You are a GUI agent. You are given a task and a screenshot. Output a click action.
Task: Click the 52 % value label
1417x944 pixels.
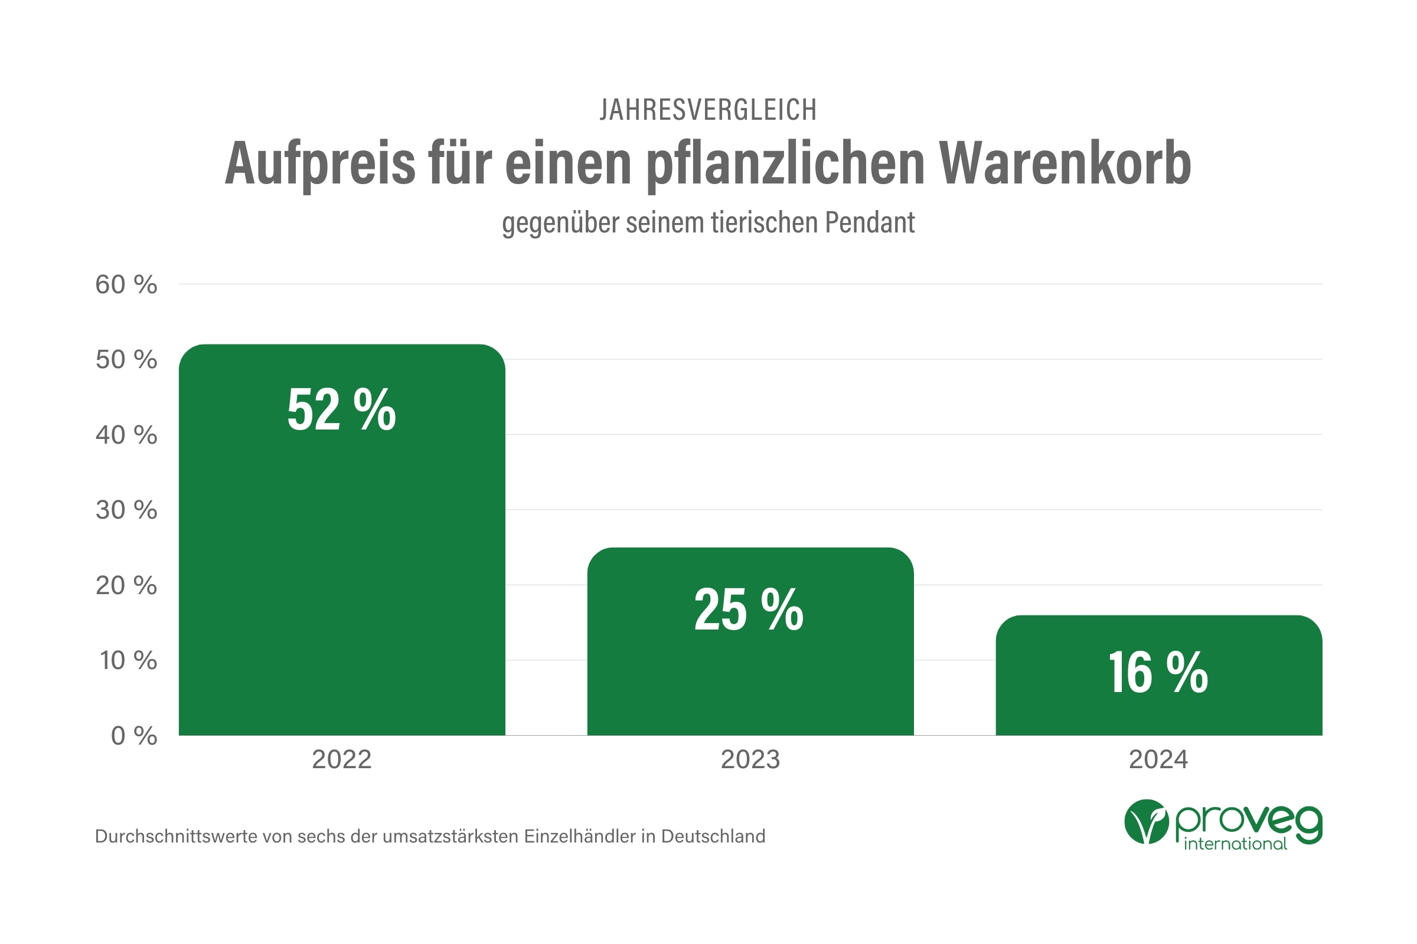pos(342,410)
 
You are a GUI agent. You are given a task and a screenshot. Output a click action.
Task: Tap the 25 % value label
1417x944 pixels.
pos(749,610)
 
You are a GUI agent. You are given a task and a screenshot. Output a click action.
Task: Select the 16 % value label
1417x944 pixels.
pos(1158,673)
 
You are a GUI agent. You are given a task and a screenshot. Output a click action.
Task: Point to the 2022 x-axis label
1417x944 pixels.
pos(342,760)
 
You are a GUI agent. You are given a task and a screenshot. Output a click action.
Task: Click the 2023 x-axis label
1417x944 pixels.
pos(750,760)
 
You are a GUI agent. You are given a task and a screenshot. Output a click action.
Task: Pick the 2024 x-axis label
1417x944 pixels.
pos(1158,760)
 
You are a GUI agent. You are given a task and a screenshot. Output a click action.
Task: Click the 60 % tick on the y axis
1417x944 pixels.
pos(126,285)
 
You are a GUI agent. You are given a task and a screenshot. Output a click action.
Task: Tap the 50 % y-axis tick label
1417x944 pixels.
pos(126,360)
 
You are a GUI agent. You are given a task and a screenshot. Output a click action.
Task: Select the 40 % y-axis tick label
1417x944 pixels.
pos(126,435)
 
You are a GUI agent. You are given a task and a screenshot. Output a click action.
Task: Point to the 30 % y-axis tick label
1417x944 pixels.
pos(126,510)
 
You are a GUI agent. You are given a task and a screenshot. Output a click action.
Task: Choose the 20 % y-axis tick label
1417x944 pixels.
pos(126,586)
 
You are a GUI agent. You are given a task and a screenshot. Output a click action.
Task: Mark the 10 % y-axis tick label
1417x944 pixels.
pos(128,661)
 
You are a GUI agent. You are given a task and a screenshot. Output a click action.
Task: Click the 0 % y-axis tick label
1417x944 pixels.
pos(134,736)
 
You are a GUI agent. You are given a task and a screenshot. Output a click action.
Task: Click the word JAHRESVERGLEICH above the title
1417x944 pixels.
pos(708,110)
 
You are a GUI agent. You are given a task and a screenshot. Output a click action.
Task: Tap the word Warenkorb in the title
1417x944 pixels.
pos(1065,164)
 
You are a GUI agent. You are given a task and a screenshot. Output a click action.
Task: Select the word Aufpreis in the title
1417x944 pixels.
pos(320,164)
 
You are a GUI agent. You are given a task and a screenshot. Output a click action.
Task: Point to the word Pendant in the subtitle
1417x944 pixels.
pos(869,223)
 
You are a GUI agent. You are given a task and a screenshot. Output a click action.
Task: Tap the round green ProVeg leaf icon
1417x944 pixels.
pos(1146,822)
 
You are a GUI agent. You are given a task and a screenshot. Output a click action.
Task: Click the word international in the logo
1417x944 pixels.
pos(1235,844)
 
